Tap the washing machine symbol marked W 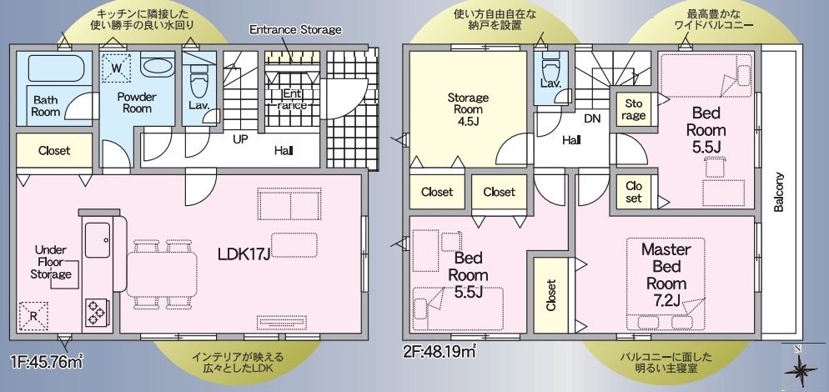tap(117, 67)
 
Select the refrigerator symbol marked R tap(33, 316)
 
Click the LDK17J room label tap(244, 254)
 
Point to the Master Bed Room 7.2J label tap(666, 274)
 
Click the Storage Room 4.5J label tap(468, 110)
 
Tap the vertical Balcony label tap(778, 192)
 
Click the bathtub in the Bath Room tap(56, 68)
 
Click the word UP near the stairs tap(240, 139)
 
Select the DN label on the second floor tap(592, 119)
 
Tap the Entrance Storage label tap(295, 30)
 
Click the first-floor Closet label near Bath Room tap(54, 151)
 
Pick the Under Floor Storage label tap(51, 262)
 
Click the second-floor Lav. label tap(550, 83)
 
